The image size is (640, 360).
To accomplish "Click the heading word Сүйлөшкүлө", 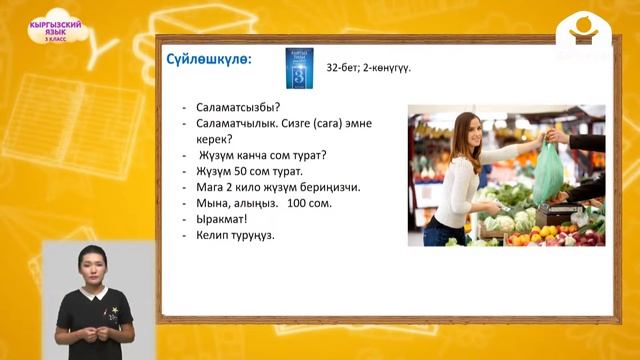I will pos(210,59).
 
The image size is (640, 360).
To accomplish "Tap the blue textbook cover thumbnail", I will pos(293,67).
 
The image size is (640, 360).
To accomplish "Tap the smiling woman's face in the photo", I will pos(469,131).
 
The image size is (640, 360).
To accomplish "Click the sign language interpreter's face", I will pos(94,267).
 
